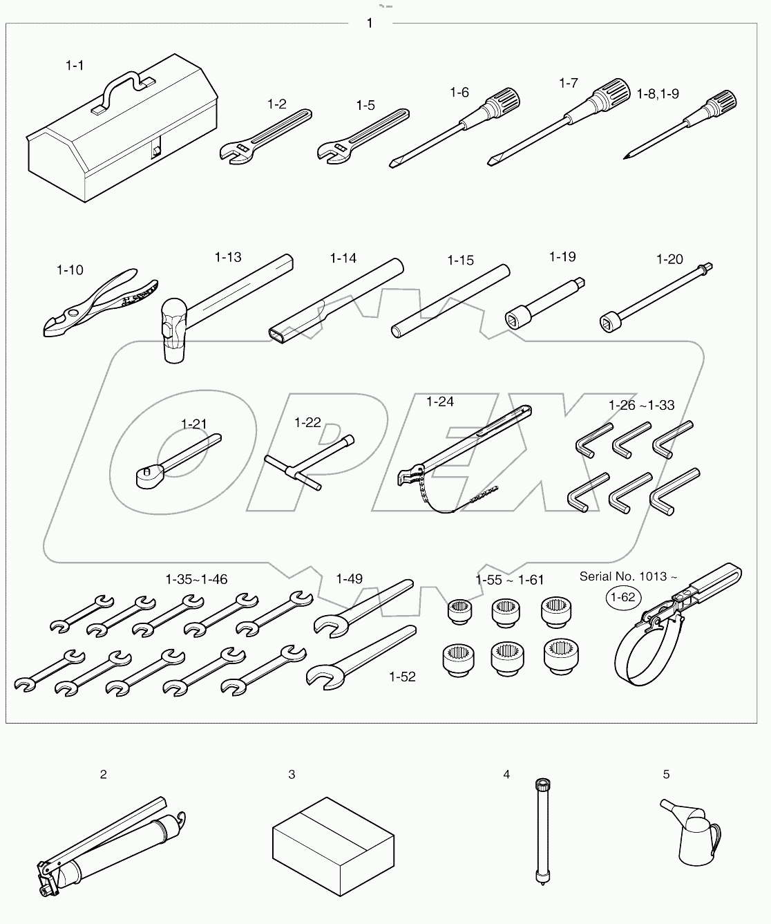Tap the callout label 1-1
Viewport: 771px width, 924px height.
pyautogui.click(x=75, y=66)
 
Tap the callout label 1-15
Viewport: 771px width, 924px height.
pyautogui.click(x=460, y=261)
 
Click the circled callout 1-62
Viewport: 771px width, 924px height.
pyautogui.click(x=623, y=597)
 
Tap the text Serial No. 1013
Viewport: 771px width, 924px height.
pyautogui.click(x=622, y=576)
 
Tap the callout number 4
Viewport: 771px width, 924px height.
pyautogui.click(x=506, y=775)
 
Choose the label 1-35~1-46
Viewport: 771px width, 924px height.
pyautogui.click(x=196, y=579)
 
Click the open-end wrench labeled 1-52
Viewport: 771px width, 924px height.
pyautogui.click(x=359, y=656)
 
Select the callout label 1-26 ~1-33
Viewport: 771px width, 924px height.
pyautogui.click(x=641, y=405)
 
